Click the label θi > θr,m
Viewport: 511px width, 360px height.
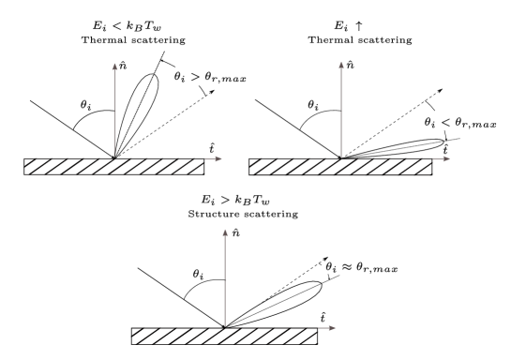pyautogui.click(x=202, y=76)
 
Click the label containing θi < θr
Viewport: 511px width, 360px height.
pyautogui.click(x=448, y=121)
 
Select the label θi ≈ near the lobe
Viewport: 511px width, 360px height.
pyautogui.click(x=338, y=267)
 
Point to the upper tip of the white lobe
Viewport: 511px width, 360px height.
pyautogui.click(x=318, y=282)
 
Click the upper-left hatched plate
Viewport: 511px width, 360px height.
pyautogui.click(x=113, y=167)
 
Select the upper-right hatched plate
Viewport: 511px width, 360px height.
pyautogui.click(x=339, y=167)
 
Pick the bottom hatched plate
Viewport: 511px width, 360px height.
pyautogui.click(x=223, y=336)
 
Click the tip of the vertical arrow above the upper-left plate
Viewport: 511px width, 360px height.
pyautogui.click(x=114, y=64)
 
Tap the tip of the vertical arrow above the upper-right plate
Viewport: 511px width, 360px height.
pyautogui.click(x=341, y=64)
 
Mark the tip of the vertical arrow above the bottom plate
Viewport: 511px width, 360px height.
pyautogui.click(x=225, y=229)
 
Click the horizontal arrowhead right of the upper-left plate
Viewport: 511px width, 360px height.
pyautogui.click(x=219, y=158)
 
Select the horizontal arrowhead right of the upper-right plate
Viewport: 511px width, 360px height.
pyautogui.click(x=446, y=158)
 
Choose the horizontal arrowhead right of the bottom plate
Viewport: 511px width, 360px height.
pyautogui.click(x=332, y=328)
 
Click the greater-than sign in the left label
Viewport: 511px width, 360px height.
pyautogui.click(x=195, y=76)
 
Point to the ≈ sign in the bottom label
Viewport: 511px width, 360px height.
pyautogui.click(x=347, y=267)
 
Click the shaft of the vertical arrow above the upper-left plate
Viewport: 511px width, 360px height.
pyautogui.click(x=114, y=112)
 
